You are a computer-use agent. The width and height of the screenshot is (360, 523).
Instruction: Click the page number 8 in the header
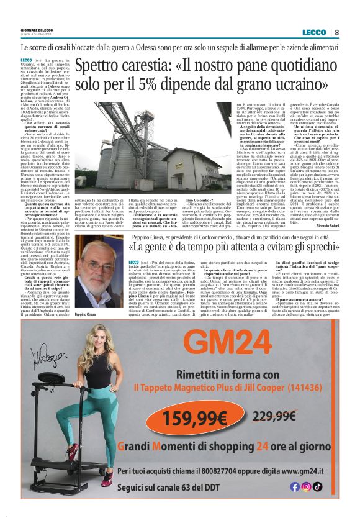tap(336, 32)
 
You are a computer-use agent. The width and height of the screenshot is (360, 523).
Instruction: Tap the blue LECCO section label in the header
tap(313, 32)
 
